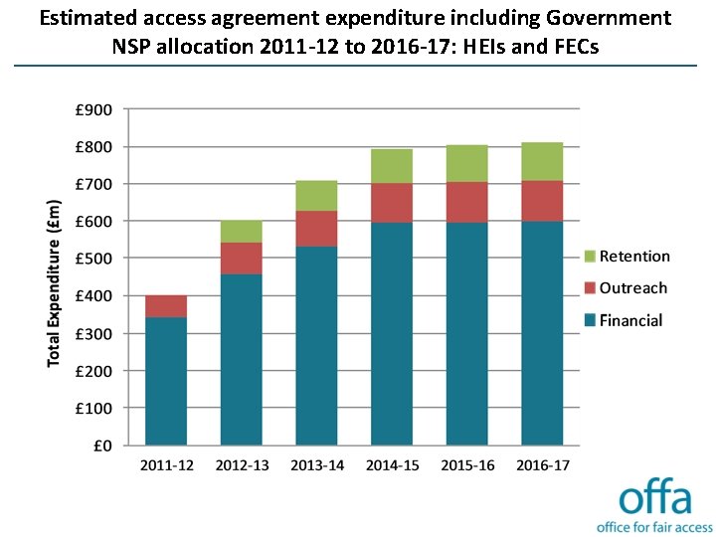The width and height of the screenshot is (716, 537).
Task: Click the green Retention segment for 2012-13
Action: (x=242, y=232)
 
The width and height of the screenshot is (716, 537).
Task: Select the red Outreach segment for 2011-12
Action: (x=166, y=306)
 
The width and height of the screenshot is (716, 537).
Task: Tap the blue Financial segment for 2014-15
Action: (x=392, y=333)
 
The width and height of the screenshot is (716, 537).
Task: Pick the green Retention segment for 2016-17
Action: (x=542, y=161)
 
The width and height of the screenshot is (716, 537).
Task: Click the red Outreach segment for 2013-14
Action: (x=316, y=229)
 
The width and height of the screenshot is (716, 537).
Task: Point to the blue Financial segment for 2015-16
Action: (x=466, y=333)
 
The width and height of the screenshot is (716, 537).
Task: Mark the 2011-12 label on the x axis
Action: (x=166, y=465)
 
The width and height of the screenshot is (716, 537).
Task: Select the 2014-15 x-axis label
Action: (x=392, y=465)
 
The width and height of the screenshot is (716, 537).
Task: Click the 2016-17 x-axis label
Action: (x=542, y=465)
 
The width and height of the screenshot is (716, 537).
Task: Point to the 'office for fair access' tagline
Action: (x=653, y=526)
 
